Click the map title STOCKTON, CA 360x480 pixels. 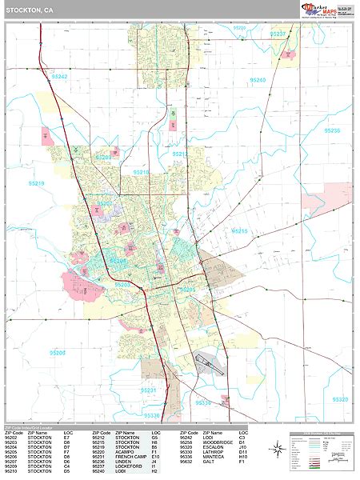pyautogui.click(x=30, y=11)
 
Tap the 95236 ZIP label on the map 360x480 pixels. pyautogui.click(x=333, y=130)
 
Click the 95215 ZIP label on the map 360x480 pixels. pyautogui.click(x=240, y=231)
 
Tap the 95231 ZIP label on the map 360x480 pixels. pyautogui.click(x=149, y=390)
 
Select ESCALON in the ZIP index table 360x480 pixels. pyautogui.click(x=206, y=448)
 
